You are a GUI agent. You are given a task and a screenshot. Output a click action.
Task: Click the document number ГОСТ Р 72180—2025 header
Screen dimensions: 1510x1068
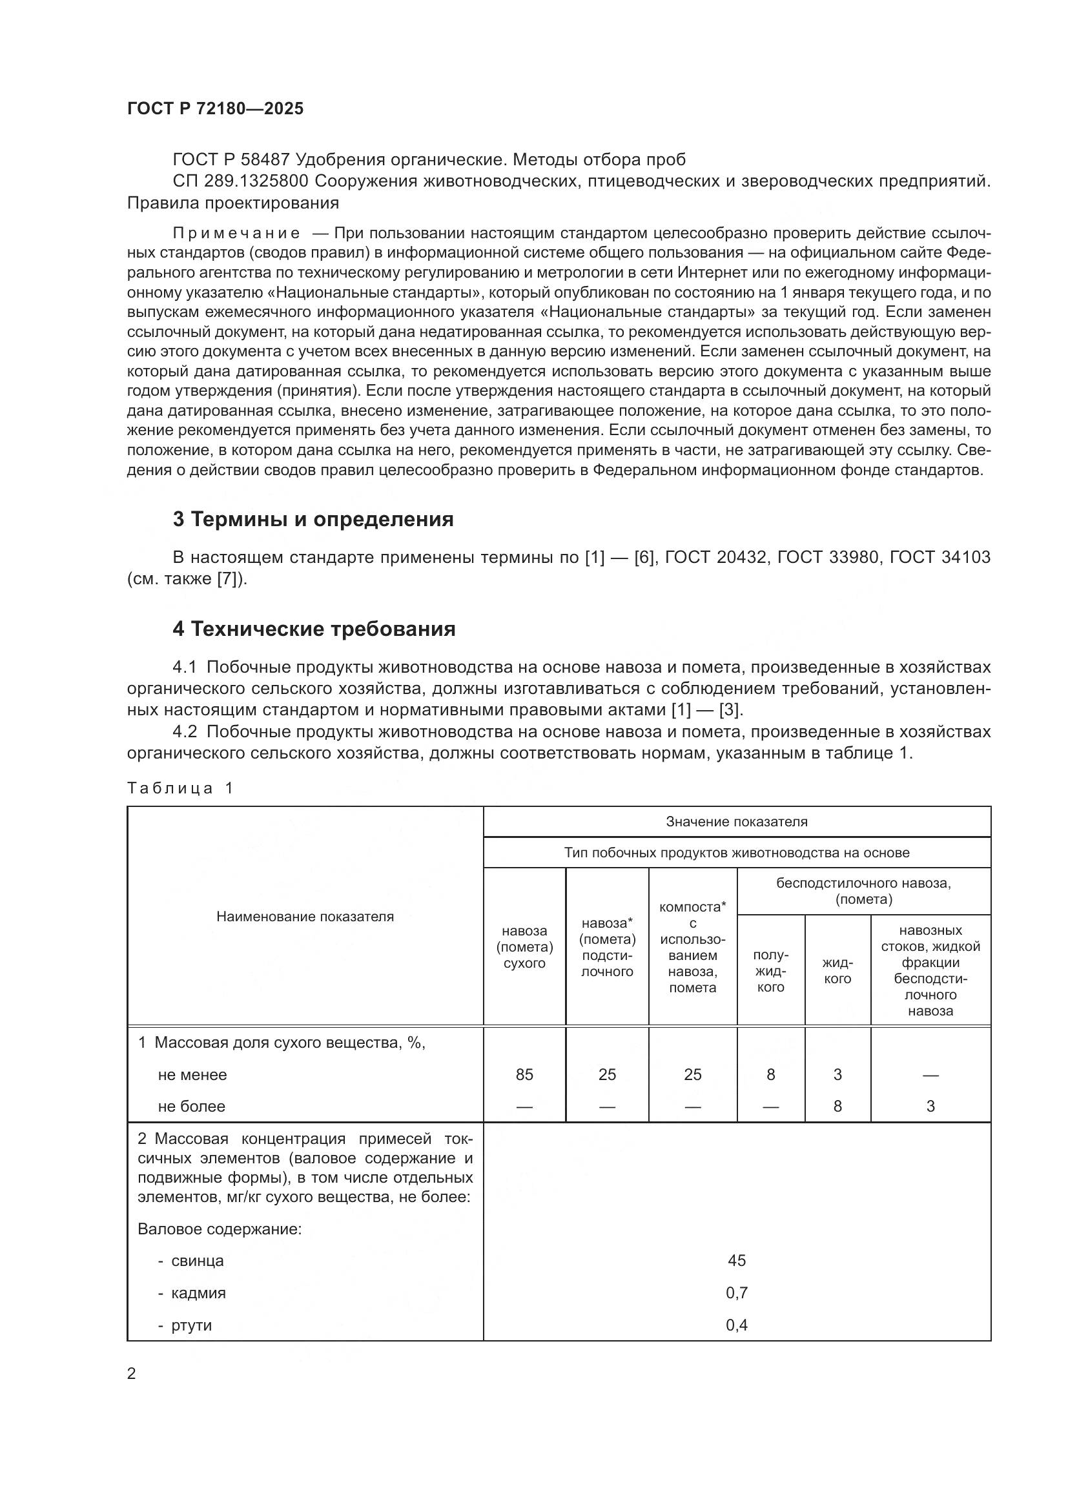(x=215, y=109)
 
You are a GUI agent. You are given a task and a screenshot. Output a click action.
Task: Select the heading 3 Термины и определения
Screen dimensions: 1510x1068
(x=313, y=520)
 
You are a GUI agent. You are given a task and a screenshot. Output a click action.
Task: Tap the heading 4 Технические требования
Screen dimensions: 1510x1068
(x=314, y=629)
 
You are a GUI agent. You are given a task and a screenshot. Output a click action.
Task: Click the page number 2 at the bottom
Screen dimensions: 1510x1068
(x=132, y=1374)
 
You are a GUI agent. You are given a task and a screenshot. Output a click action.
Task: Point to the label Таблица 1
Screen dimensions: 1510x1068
(x=180, y=788)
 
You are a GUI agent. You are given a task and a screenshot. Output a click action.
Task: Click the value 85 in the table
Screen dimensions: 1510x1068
(x=524, y=1075)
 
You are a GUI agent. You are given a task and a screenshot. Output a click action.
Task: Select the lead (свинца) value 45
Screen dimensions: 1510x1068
(x=737, y=1261)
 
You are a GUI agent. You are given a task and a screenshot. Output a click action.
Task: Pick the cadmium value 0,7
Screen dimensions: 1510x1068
(x=737, y=1293)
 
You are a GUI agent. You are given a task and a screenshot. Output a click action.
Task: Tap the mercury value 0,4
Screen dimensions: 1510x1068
(x=737, y=1325)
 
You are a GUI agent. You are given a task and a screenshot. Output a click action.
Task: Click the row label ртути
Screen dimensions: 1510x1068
(x=191, y=1325)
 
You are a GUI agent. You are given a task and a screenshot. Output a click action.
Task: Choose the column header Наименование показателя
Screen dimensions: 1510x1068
(x=305, y=917)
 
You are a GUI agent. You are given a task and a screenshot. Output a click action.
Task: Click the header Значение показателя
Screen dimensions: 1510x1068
(x=737, y=822)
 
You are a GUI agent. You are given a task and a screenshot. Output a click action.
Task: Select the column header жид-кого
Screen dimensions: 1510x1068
(x=837, y=971)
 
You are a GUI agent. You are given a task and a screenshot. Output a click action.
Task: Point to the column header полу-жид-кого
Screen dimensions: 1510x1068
(x=771, y=971)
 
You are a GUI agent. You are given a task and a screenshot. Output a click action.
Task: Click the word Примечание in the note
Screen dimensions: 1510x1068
(x=237, y=234)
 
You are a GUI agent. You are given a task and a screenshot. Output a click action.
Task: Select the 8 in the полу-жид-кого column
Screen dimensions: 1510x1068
(x=771, y=1075)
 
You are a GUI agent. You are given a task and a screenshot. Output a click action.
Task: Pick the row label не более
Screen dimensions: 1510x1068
(x=191, y=1107)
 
